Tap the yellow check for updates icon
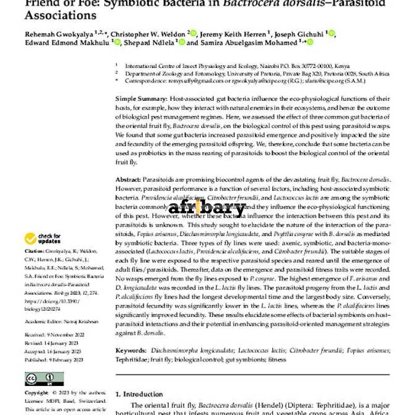(x=31, y=239)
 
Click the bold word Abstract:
(x=128, y=178)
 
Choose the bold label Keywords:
(x=131, y=351)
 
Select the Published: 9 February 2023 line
(x=53, y=359)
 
